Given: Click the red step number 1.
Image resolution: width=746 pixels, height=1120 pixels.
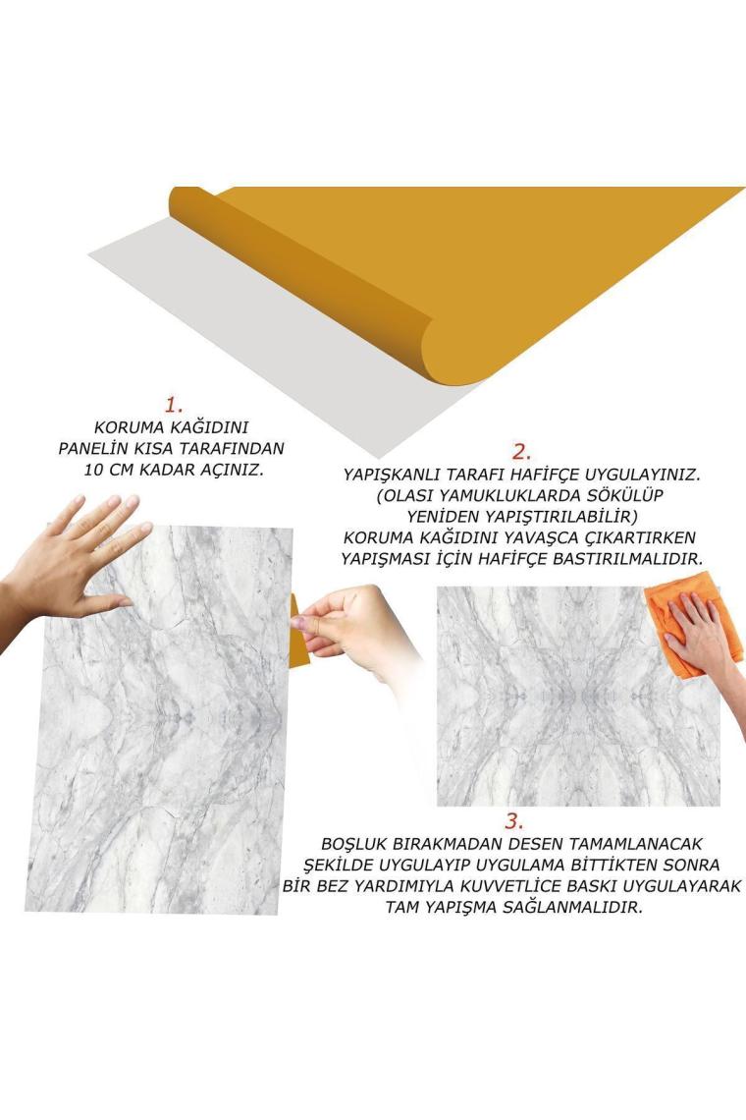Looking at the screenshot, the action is tap(174, 405).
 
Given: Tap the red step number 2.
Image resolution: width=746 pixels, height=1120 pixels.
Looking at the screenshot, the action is tap(522, 451).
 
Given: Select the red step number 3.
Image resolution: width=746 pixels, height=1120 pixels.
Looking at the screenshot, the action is tap(514, 820).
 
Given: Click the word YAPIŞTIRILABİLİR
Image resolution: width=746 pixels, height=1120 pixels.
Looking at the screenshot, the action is tap(560, 516).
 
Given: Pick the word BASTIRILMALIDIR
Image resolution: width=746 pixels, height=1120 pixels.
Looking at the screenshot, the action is tap(631, 558).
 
